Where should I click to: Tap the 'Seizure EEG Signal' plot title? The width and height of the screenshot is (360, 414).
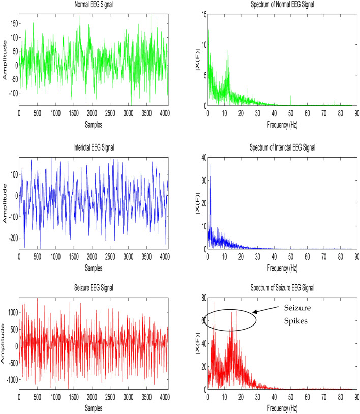[94, 288]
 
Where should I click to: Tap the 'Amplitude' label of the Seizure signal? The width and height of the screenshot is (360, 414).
[4, 344]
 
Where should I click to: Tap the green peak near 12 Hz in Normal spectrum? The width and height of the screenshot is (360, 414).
[227, 51]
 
